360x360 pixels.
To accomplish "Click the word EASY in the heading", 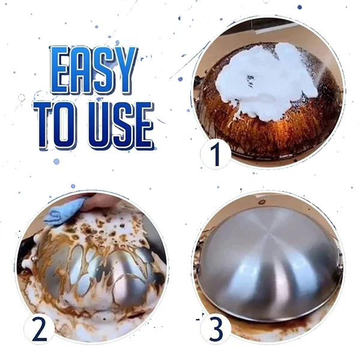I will pyautogui.click(x=92, y=71).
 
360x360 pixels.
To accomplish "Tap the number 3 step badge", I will pyautogui.click(x=215, y=328).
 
